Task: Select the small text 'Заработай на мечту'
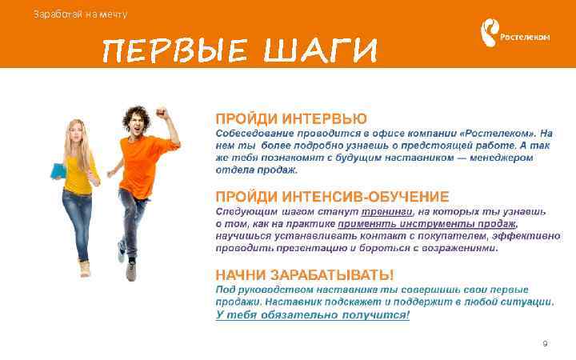click(x=80, y=14)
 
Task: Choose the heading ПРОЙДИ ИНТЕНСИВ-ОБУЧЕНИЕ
click(x=332, y=197)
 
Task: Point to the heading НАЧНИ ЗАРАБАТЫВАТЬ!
click(x=304, y=274)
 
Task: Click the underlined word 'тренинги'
click(x=387, y=211)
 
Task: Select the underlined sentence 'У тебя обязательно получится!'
click(x=312, y=315)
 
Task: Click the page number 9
click(x=545, y=344)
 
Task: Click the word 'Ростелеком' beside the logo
click(x=525, y=37)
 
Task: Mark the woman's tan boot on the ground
click(x=84, y=266)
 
